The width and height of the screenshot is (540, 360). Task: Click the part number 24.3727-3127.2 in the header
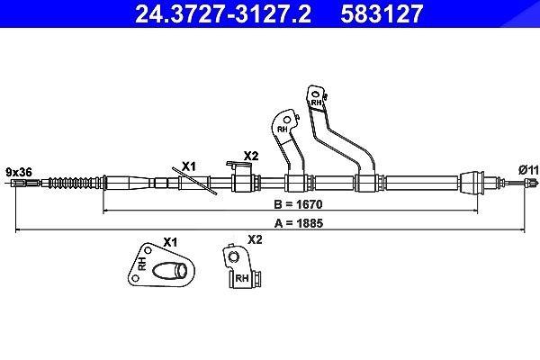[223, 13]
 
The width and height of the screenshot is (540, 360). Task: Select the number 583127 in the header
[382, 13]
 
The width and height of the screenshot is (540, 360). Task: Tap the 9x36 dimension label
[19, 172]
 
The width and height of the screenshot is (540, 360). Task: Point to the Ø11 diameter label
[528, 170]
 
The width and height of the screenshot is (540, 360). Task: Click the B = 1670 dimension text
[298, 204]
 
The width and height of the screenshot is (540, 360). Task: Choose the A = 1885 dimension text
[299, 223]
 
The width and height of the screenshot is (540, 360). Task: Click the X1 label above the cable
[189, 166]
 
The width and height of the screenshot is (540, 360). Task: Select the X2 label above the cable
[251, 156]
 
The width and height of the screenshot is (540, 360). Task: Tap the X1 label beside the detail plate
[170, 242]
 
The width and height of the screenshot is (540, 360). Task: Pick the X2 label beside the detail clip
[255, 239]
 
